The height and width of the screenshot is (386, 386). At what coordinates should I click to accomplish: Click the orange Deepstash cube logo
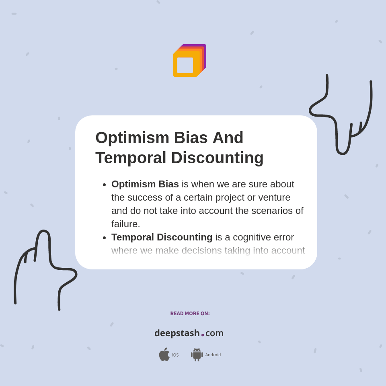[x=190, y=61]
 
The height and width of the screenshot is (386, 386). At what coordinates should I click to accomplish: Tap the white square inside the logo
[x=185, y=65]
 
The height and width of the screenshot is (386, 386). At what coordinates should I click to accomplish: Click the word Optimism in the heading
[x=132, y=138]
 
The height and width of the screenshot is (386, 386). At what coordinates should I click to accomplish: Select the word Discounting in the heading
[x=217, y=158]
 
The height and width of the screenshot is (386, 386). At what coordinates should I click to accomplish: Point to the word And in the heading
[x=228, y=138]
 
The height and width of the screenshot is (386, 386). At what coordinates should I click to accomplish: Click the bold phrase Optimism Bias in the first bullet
[x=145, y=184]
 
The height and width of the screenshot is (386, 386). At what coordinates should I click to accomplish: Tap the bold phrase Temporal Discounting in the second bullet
[x=162, y=237]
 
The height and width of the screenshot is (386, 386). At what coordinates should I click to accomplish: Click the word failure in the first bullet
[x=125, y=224]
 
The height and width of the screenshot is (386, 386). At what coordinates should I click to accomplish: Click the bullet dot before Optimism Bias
[x=105, y=185]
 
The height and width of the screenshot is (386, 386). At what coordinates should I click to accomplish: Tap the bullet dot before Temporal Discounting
[x=105, y=238]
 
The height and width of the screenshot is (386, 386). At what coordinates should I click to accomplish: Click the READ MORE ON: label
[x=190, y=313]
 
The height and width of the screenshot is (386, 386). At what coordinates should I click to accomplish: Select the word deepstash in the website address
[x=177, y=333]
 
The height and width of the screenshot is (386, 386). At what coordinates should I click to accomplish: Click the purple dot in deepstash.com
[x=203, y=335]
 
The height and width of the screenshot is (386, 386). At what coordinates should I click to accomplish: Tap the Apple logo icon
[x=164, y=354]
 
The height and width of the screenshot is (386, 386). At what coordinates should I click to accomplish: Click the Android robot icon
[x=197, y=355]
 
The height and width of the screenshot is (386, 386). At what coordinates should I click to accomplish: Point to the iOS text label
[x=175, y=355]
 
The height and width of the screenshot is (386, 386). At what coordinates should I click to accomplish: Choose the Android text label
[x=213, y=355]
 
